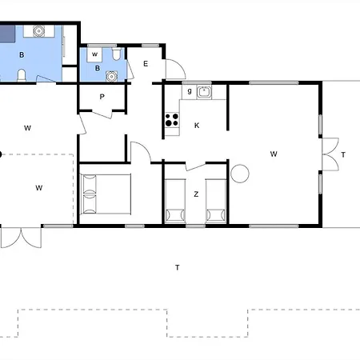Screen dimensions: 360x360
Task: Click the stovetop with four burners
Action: pos(172,120)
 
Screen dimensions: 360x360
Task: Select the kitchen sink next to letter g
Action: pos(204,92)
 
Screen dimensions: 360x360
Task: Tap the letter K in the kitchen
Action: pos(197,126)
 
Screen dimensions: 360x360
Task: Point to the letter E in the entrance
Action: pos(146,64)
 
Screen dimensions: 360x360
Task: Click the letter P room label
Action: pos(102,97)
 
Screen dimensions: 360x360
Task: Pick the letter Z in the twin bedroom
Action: pos(196,194)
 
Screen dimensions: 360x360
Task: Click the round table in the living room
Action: pos(240,174)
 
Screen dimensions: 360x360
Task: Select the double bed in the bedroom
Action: pos(106,194)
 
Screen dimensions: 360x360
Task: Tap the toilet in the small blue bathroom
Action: pos(116,54)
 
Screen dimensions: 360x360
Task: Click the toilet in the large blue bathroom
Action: pos(22,75)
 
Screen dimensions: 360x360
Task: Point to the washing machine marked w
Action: pos(94,54)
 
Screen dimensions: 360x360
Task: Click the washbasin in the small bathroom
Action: pos(111,76)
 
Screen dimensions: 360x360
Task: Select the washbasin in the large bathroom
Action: pos(38,31)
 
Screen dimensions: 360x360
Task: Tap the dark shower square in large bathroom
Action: pos(7,34)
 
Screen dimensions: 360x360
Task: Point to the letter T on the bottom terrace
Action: pos(178,267)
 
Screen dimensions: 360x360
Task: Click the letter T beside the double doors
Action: pos(343,154)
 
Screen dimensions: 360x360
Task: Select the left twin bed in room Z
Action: pos(175,201)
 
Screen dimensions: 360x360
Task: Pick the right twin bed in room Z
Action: pos(216,201)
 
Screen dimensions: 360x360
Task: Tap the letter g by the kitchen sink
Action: pos(190,91)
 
